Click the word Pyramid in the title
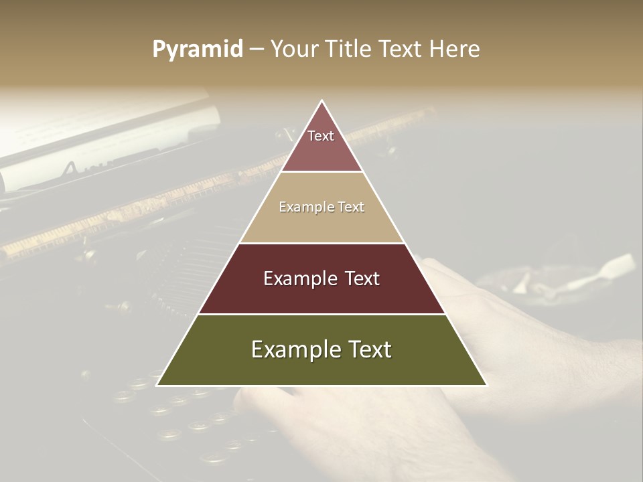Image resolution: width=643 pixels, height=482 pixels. [x=198, y=50]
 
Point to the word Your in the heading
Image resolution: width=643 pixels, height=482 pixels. [x=293, y=49]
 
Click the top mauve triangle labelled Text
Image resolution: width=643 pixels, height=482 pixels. [x=321, y=144]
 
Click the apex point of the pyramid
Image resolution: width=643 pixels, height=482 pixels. [x=322, y=101]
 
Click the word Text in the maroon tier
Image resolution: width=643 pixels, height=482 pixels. [x=361, y=278]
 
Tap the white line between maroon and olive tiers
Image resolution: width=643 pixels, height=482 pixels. [x=321, y=314]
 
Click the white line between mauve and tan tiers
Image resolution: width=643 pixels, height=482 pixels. [x=321, y=172]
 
